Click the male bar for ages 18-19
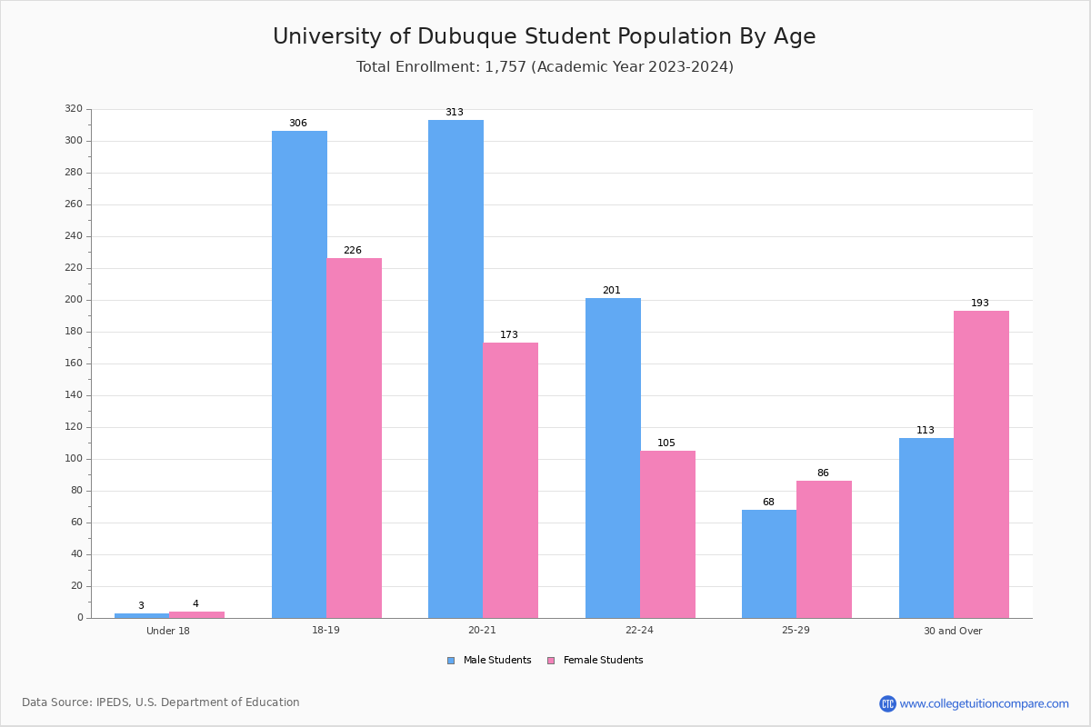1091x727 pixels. [x=299, y=374]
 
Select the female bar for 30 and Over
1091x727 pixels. [x=981, y=464]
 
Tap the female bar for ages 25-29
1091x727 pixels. [x=824, y=550]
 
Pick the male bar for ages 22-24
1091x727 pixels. [x=613, y=458]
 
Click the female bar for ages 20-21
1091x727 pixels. [x=510, y=481]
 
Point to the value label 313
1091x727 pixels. [x=455, y=112]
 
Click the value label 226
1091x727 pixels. [x=353, y=250]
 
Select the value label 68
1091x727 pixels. [x=768, y=502]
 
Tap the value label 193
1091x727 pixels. [x=980, y=303]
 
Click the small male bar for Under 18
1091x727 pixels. [x=142, y=616]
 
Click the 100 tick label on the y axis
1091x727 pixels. [x=74, y=459]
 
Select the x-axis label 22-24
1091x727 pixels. [x=639, y=630]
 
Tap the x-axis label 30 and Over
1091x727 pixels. [x=953, y=631]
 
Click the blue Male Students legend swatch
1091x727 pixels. [x=451, y=661]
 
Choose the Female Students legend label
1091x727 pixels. [x=603, y=661]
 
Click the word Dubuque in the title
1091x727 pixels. [x=465, y=37]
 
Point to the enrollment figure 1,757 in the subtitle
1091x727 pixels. [x=505, y=66]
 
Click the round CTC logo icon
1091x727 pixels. [x=887, y=703]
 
